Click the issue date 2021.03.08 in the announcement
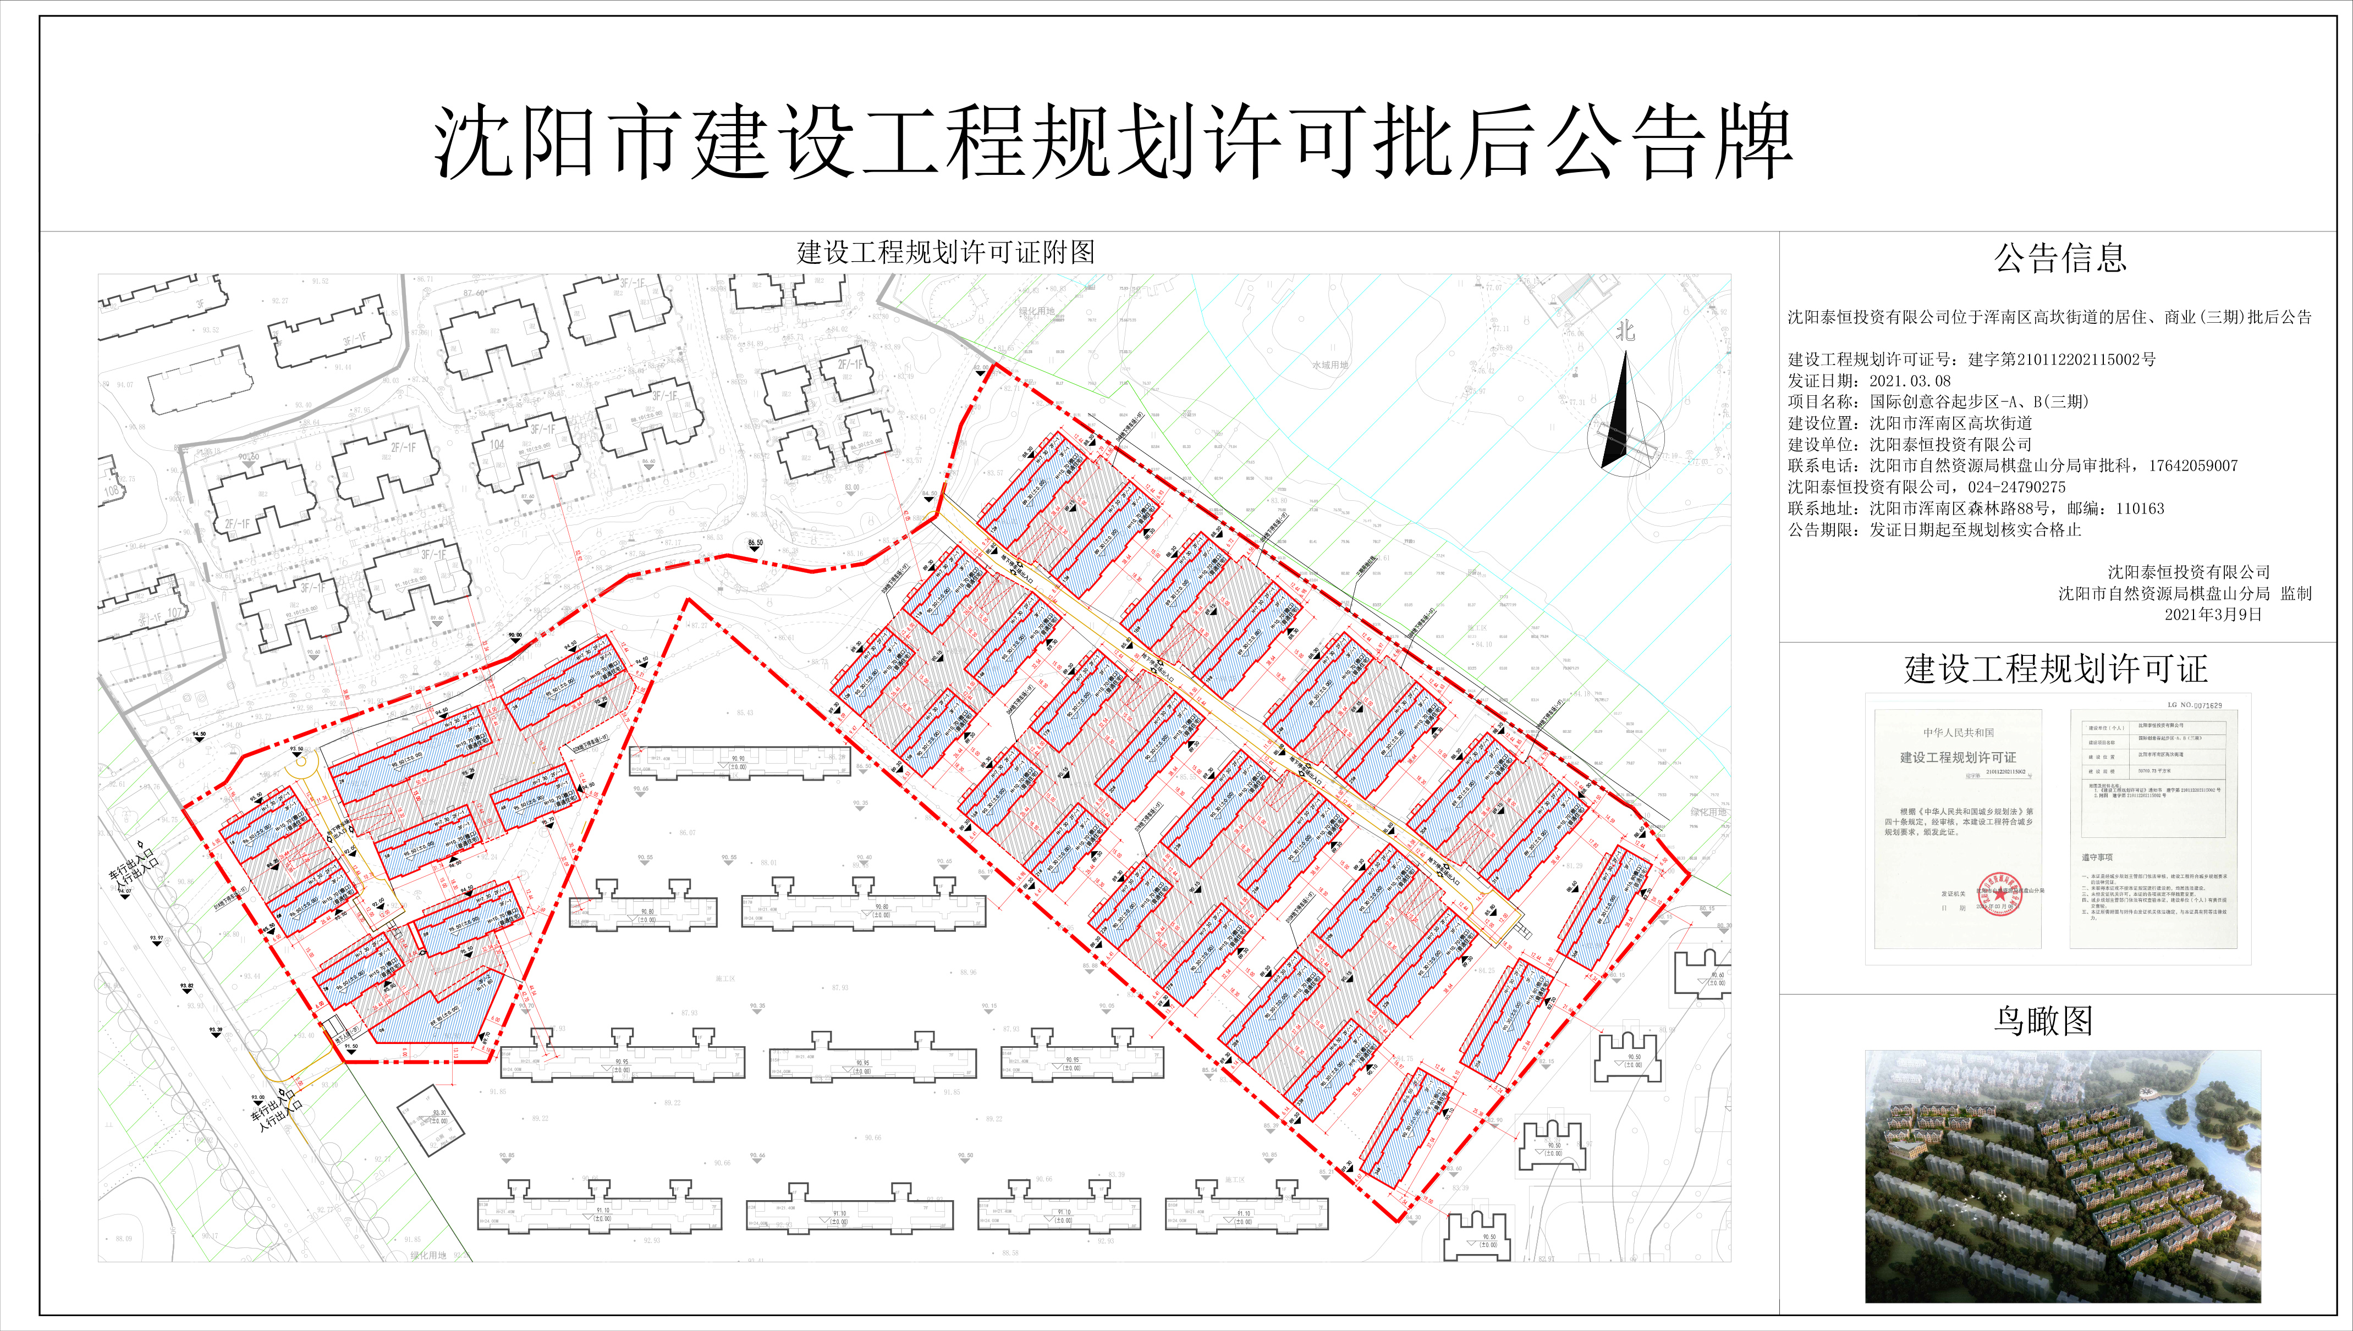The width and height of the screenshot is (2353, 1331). [1910, 381]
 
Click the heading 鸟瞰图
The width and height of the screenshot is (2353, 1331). [2043, 1021]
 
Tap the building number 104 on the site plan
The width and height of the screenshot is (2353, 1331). [497, 445]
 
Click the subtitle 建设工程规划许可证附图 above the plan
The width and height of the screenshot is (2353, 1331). [945, 253]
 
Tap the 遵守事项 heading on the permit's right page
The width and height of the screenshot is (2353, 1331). [2097, 858]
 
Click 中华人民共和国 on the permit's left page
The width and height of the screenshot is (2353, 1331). [1958, 732]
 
